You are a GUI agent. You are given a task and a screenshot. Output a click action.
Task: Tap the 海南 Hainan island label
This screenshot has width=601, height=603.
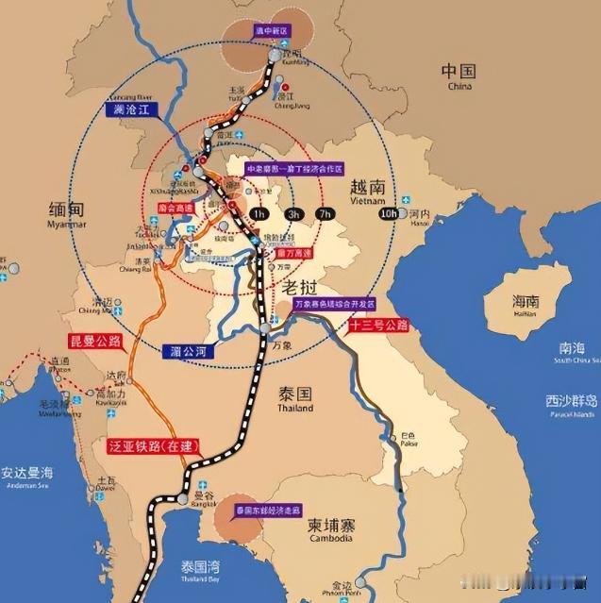click(525, 306)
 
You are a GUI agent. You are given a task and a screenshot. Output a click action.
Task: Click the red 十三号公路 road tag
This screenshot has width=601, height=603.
click(377, 326)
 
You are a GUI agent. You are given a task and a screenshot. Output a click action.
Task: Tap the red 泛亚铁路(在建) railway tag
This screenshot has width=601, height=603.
click(151, 444)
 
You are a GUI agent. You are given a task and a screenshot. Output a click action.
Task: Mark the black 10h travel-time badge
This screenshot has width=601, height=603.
click(387, 214)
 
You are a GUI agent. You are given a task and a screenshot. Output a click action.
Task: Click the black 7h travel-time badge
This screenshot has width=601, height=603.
click(327, 214)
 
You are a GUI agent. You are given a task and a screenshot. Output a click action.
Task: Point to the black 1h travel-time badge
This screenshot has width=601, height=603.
click(259, 214)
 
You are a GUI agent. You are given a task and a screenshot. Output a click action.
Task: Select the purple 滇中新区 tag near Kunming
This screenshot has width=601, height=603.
click(273, 31)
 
